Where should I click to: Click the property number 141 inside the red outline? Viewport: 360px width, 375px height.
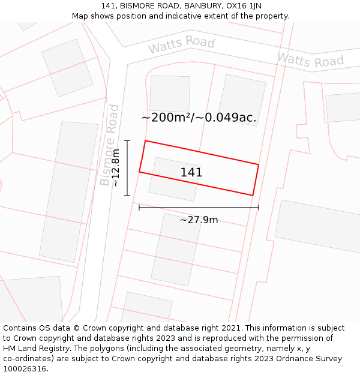pyautogui.click(x=191, y=173)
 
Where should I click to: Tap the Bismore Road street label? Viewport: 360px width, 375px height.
pyautogui.click(x=110, y=145)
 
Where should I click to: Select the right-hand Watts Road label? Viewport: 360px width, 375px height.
pyautogui.click(x=310, y=60)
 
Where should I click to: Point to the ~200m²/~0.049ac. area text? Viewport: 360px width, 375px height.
pyautogui.click(x=199, y=118)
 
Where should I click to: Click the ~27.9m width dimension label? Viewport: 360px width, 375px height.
pyautogui.click(x=199, y=220)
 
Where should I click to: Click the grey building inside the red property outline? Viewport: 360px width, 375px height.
pyautogui.click(x=174, y=179)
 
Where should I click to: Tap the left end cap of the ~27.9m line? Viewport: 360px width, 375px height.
pyautogui.click(x=139, y=208)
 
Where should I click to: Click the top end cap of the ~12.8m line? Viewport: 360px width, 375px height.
pyautogui.click(x=127, y=140)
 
